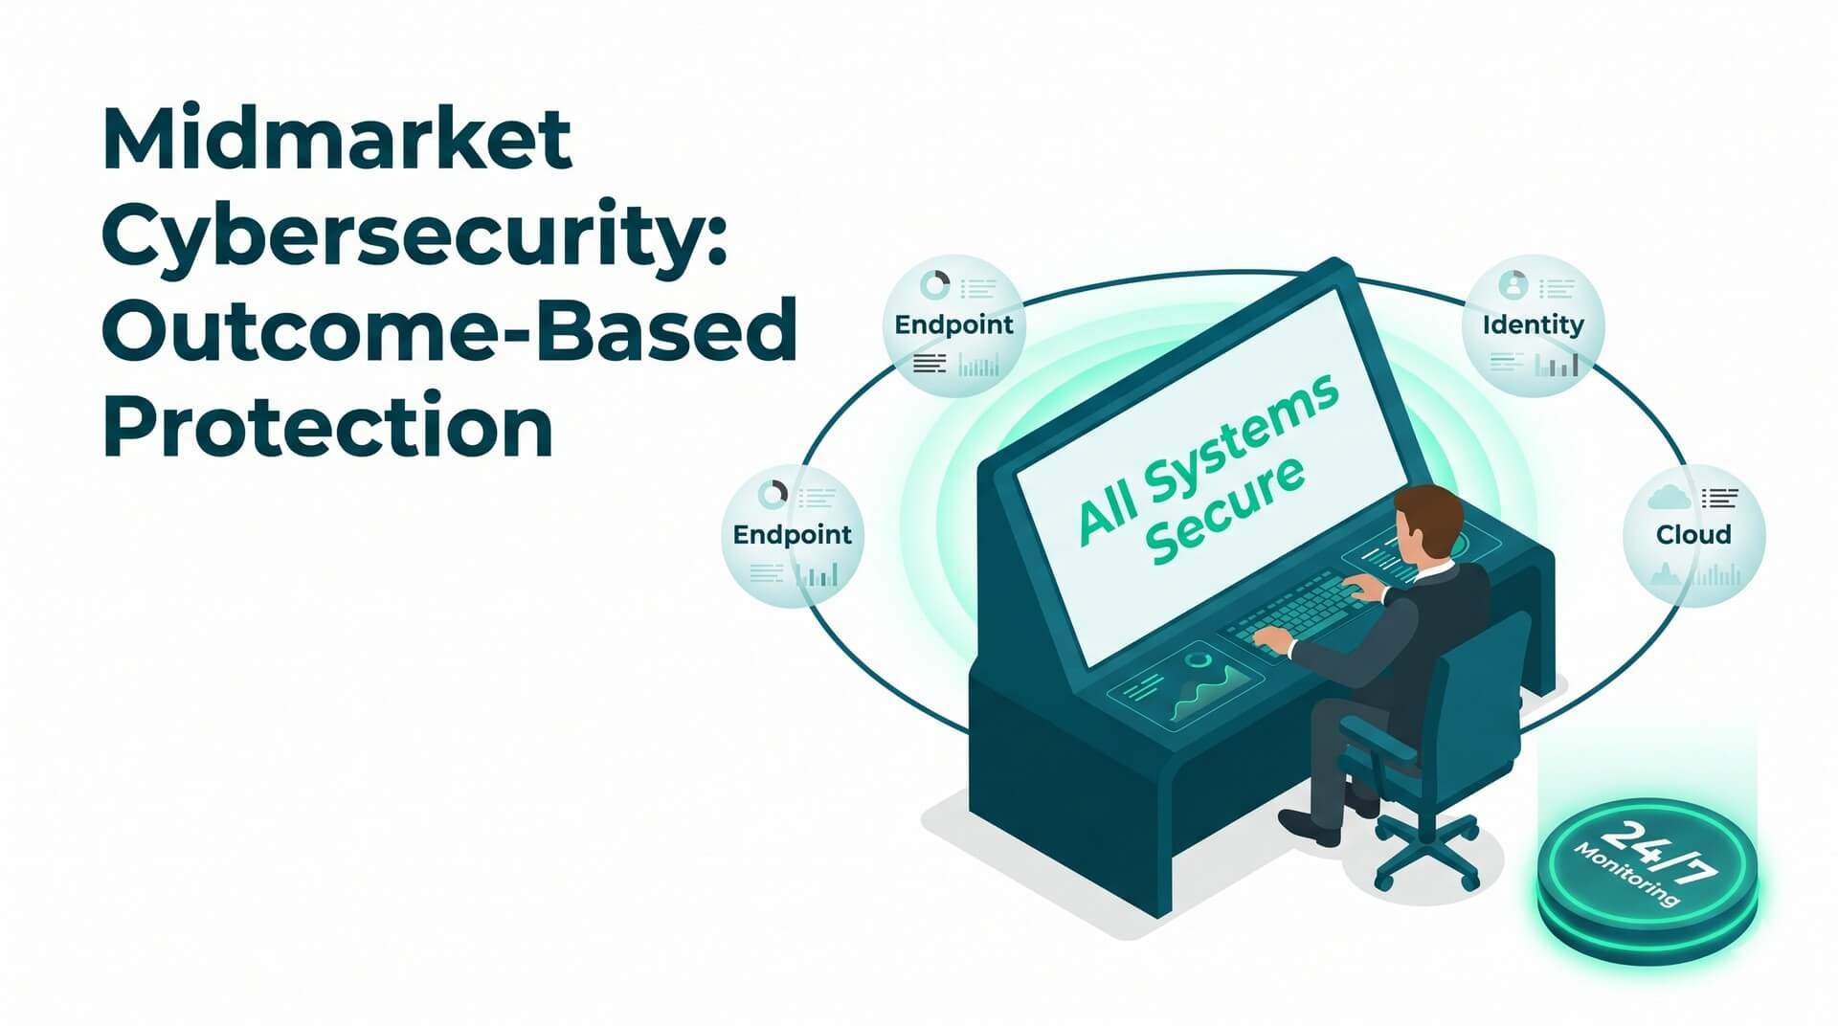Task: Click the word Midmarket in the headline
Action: [337, 140]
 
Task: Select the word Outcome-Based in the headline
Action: [449, 329]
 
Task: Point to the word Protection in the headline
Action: [327, 424]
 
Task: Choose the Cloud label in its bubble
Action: [1693, 534]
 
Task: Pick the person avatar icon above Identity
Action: [1513, 284]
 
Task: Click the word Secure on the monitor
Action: [1225, 509]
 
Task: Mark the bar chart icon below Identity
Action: [1556, 364]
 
